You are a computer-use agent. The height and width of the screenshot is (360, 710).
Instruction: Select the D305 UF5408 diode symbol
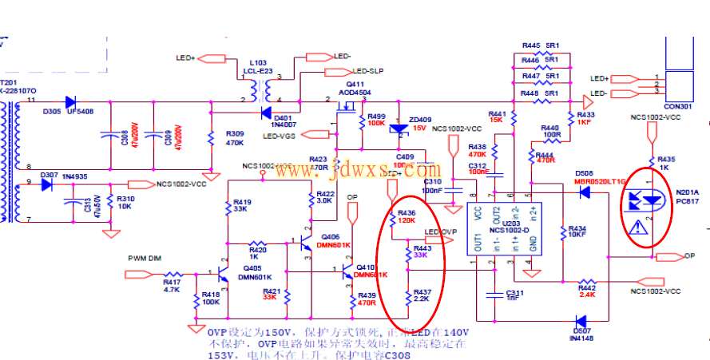(70, 102)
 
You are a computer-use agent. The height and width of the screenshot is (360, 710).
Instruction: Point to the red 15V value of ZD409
(419, 128)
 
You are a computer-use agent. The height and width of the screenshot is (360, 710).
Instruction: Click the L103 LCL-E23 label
(260, 66)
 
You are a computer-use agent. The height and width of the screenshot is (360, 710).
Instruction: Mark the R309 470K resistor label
(235, 138)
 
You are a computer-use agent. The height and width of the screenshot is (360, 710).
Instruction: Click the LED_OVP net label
(440, 232)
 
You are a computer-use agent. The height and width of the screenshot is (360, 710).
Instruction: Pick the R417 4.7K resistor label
(172, 286)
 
